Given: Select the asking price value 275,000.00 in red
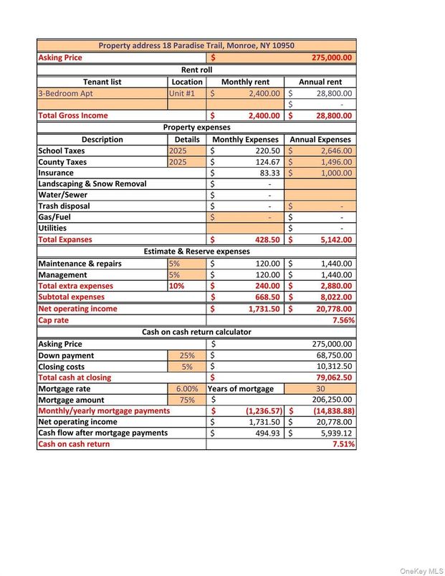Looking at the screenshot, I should coord(331,57).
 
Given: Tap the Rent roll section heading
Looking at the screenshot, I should coord(196,69).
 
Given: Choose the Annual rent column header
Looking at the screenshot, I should coord(320,82).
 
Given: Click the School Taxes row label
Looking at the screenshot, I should coord(62,150).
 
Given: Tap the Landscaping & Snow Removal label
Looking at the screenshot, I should coord(92,184).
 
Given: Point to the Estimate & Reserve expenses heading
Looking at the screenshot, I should coord(196,251).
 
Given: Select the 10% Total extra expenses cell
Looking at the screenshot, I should coord(176,286).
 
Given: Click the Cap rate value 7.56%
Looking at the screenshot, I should coord(343,320).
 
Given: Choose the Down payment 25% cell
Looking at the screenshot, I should coord(186,355).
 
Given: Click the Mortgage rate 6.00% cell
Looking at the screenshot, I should coord(186,388).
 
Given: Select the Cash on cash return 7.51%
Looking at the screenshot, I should coord(343,444).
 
